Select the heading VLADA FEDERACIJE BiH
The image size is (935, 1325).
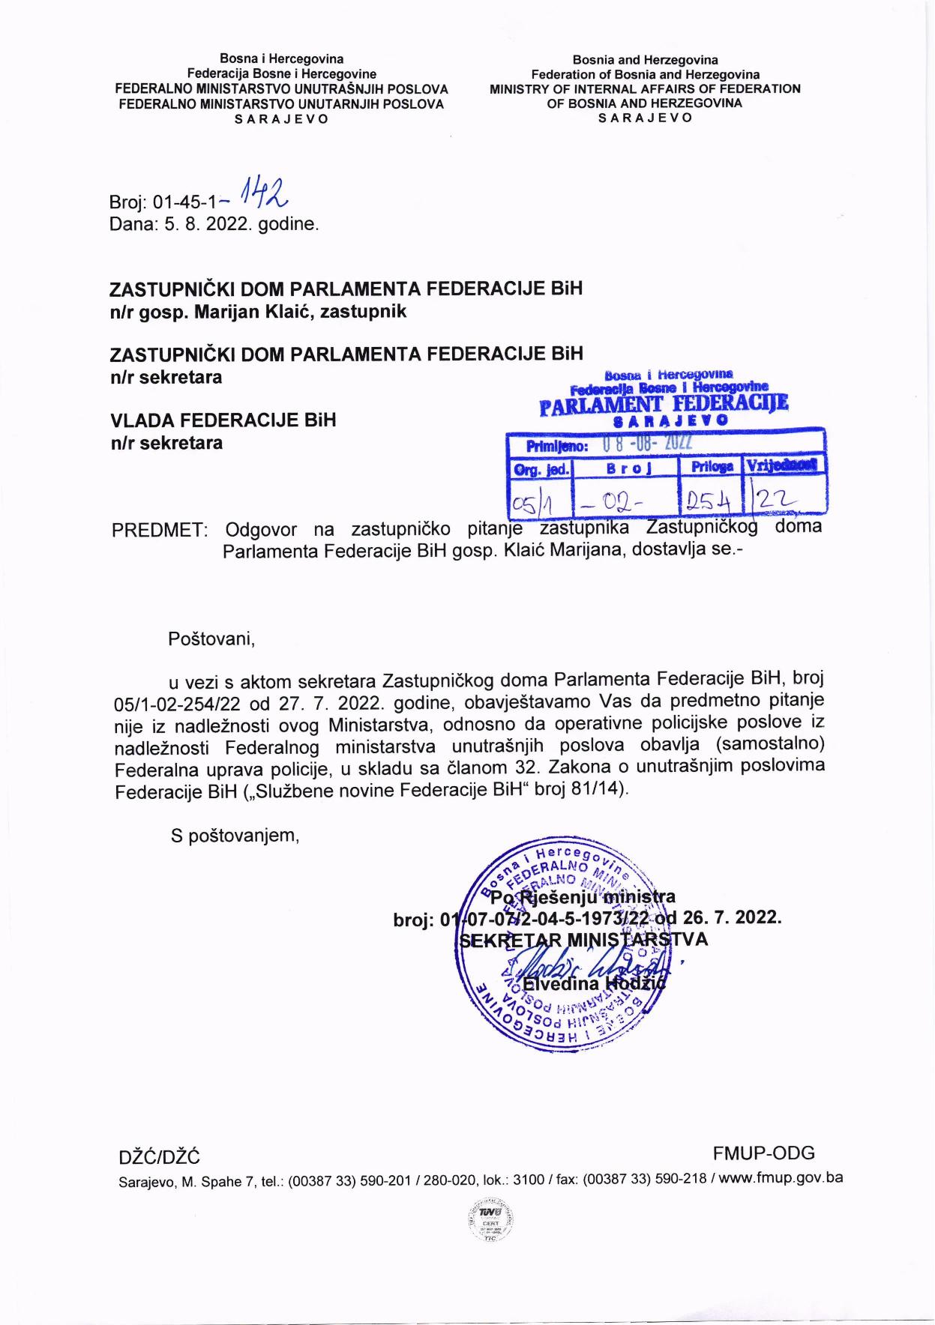point(223,420)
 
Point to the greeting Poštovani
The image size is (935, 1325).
point(211,639)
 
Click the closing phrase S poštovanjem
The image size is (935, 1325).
point(235,836)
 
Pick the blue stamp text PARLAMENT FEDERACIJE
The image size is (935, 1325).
point(664,405)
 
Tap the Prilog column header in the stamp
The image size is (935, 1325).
point(712,466)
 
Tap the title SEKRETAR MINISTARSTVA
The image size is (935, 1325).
point(583,940)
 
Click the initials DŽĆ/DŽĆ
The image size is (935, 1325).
point(160,1158)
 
